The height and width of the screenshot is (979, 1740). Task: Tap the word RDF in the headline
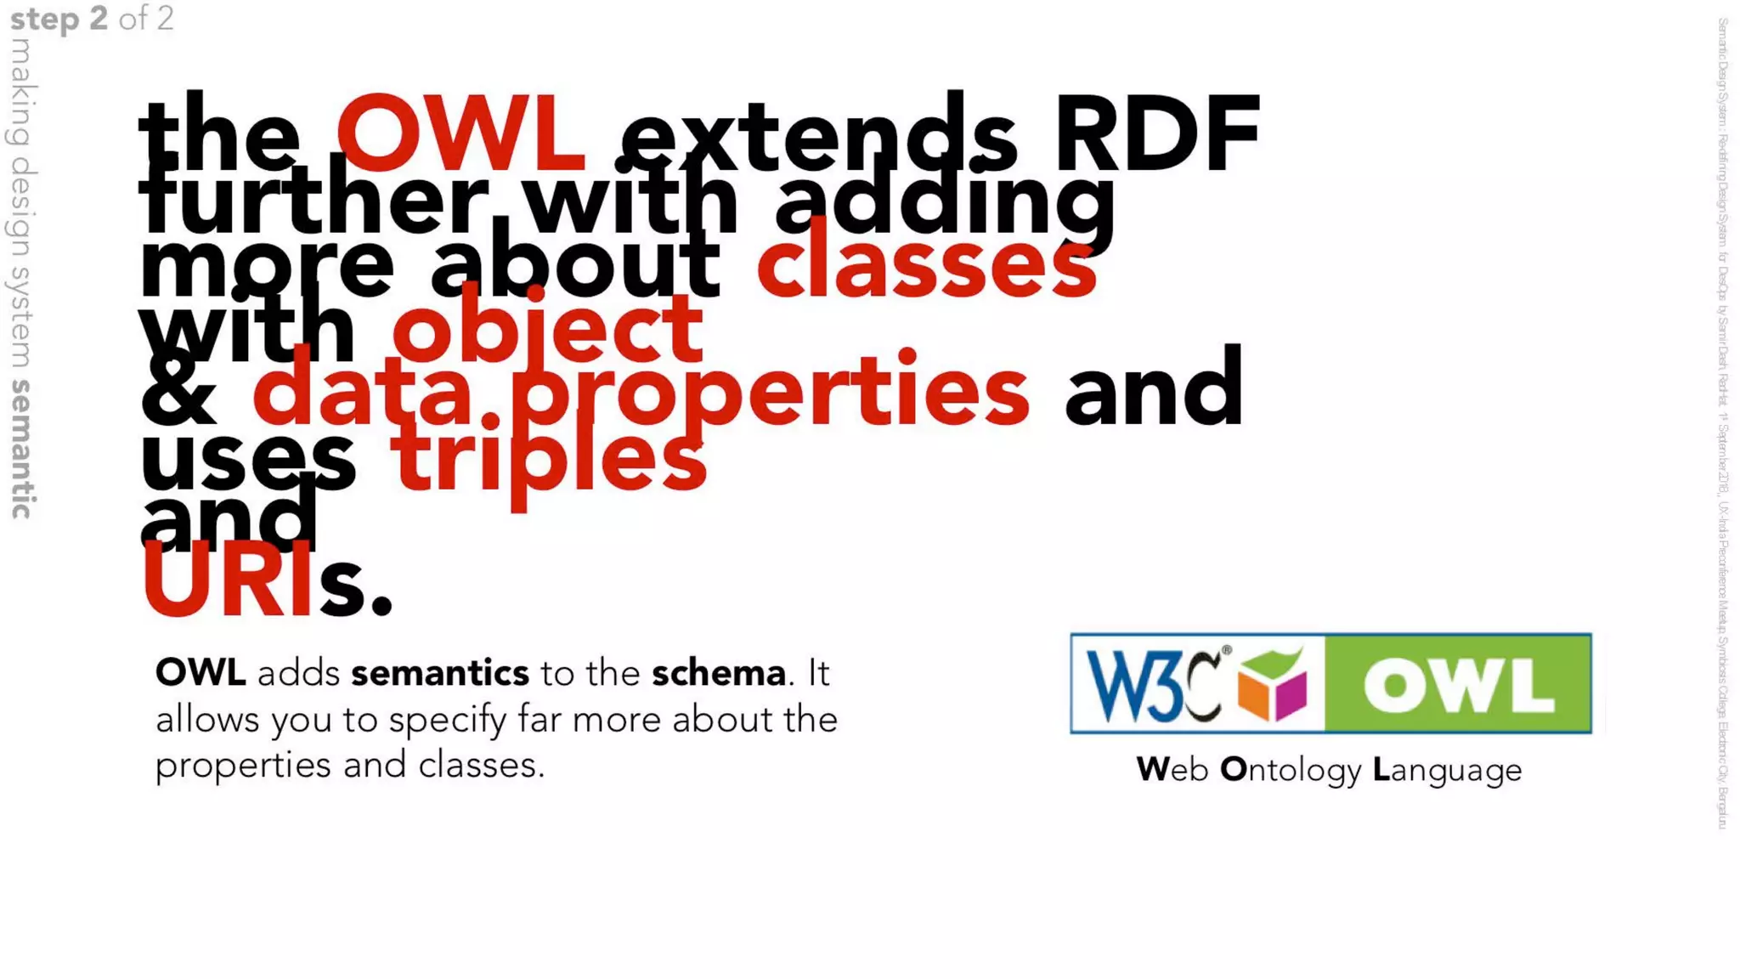(1156, 133)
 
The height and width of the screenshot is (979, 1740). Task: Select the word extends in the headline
(818, 136)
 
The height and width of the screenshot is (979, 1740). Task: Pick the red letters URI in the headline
(228, 582)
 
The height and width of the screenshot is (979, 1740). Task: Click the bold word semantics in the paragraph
(440, 674)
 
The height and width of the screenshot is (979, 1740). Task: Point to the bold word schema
(719, 674)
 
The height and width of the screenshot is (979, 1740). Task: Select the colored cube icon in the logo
(1272, 684)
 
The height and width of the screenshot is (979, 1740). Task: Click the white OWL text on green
(1459, 684)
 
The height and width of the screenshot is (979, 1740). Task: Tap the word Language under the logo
(1447, 770)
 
